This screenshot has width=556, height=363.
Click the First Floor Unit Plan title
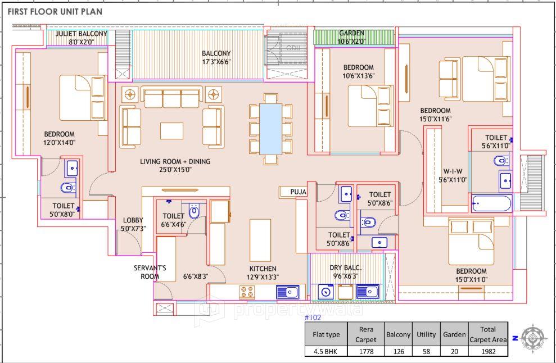pos(55,11)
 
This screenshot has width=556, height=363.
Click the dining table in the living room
pos(271,129)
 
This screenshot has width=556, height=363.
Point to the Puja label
pos(298,192)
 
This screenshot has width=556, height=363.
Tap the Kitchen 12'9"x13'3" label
pos(263,273)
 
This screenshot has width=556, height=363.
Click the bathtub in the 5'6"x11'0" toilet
pos(491,203)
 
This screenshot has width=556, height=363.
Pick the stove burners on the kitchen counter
pos(247,292)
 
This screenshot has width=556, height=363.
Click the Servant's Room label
pos(150,272)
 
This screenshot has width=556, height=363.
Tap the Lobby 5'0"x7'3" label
pos(133,224)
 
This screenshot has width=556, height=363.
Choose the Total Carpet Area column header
pos(488,334)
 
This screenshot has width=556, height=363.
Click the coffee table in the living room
pos(171,130)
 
